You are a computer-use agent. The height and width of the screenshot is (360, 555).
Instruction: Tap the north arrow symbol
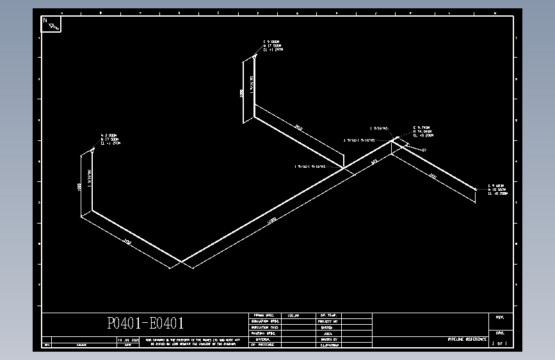click(x=51, y=24)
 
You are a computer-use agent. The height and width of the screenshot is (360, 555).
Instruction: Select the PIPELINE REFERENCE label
click(x=467, y=338)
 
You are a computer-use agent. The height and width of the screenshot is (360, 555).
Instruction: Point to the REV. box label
click(x=499, y=317)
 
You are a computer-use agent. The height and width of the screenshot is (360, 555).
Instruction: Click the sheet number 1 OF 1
click(x=499, y=344)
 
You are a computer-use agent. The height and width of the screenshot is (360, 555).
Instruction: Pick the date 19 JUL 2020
click(x=127, y=340)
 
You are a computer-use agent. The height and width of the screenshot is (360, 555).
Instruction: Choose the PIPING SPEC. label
click(x=264, y=316)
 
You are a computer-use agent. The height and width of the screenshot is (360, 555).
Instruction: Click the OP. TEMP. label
click(x=328, y=316)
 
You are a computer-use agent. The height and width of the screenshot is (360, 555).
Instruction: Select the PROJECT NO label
click(x=328, y=322)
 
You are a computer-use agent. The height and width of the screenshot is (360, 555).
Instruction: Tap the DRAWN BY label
click(x=328, y=339)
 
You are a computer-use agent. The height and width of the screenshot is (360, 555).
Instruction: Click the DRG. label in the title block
click(x=499, y=333)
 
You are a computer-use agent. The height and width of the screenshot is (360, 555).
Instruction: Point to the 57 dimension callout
click(x=424, y=149)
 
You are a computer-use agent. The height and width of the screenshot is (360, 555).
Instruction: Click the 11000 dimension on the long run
click(x=272, y=221)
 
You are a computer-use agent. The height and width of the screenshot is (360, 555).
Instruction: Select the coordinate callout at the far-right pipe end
click(x=497, y=189)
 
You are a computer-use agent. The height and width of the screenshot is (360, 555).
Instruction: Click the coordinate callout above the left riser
click(x=110, y=139)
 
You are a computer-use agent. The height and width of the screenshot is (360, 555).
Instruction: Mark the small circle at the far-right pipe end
click(x=476, y=189)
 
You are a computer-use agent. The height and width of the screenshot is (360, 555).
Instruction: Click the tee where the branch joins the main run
click(x=344, y=168)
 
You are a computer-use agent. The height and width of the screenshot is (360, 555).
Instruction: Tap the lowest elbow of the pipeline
click(x=181, y=261)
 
